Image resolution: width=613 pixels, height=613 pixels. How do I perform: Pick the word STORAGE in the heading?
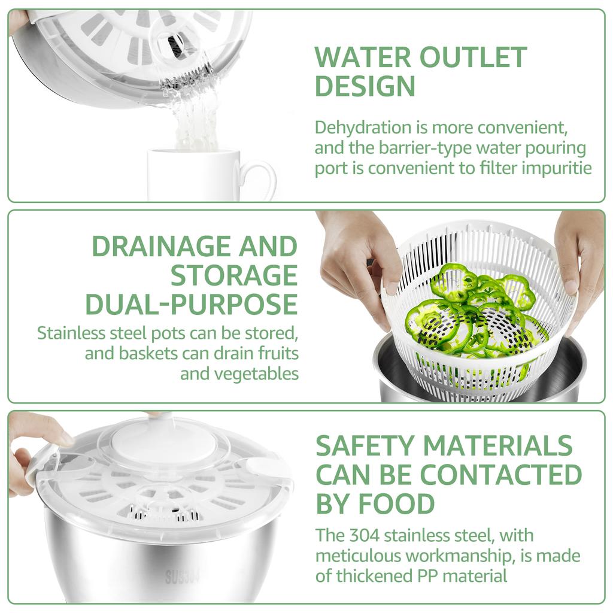click(234, 275)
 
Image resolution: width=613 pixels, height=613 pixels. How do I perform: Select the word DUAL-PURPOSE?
click(192, 304)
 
